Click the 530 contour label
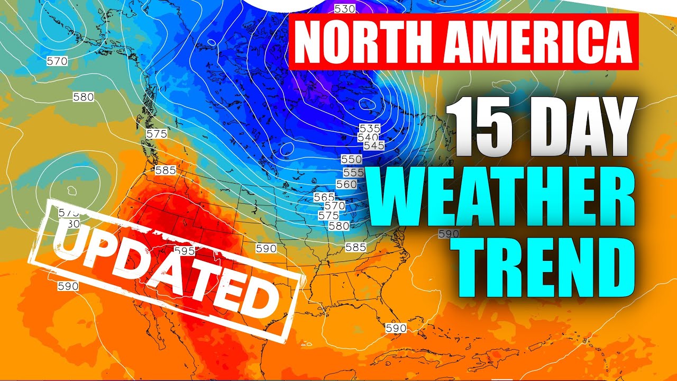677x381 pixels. (344, 8)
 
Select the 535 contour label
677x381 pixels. (369, 128)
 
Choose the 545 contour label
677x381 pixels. (373, 146)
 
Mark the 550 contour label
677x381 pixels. (352, 159)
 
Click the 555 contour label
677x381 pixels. (353, 173)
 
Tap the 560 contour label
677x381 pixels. (346, 184)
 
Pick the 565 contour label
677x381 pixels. (324, 197)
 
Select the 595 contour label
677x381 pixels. (184, 251)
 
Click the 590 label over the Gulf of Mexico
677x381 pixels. (396, 328)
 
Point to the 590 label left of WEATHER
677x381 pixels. (449, 233)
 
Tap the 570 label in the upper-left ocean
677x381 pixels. (57, 61)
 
